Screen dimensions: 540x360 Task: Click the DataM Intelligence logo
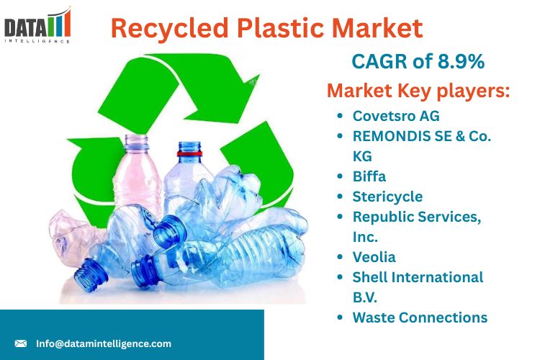pyautogui.click(x=37, y=25)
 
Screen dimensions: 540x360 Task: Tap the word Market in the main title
pyautogui.click(x=377, y=27)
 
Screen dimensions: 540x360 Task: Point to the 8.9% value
pyautogui.click(x=461, y=61)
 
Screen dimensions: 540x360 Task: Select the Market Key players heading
pyautogui.click(x=418, y=91)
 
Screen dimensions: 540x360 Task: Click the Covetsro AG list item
pyautogui.click(x=396, y=116)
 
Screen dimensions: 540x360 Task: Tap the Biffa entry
pyautogui.click(x=369, y=176)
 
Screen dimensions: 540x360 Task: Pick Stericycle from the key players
pyautogui.click(x=387, y=197)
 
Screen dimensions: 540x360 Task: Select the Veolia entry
pyautogui.click(x=374, y=257)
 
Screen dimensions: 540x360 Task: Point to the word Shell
pyautogui.click(x=366, y=277)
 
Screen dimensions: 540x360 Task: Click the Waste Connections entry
pyautogui.click(x=420, y=318)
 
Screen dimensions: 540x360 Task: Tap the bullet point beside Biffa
pyautogui.click(x=341, y=176)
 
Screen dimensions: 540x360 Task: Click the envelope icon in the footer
pyautogui.click(x=21, y=343)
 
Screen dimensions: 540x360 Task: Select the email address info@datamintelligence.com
pyautogui.click(x=104, y=343)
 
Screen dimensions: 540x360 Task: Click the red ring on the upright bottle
pyautogui.click(x=189, y=153)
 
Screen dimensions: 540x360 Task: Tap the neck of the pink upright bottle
pyautogui.click(x=137, y=142)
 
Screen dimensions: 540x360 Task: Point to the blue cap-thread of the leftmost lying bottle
pyautogui.click(x=90, y=275)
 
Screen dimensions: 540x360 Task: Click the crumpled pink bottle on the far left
pyautogui.click(x=75, y=238)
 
